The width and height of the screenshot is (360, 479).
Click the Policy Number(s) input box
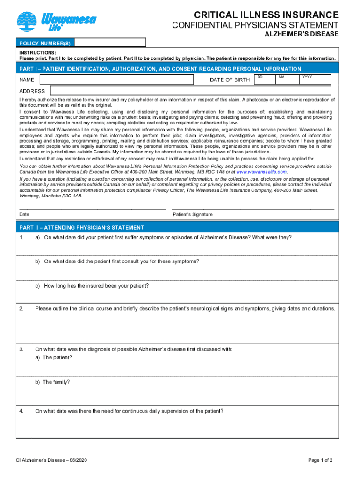coord(110,43)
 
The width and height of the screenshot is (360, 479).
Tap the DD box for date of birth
coord(265,80)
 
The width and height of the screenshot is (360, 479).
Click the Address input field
coord(191,91)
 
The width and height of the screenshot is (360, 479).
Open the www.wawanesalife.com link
coord(261,172)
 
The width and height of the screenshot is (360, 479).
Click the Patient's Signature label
coord(193,214)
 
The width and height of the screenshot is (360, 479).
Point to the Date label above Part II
coord(24,214)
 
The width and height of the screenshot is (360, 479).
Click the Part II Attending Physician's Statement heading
coord(82,228)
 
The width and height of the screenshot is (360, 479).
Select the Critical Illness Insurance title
coord(266,15)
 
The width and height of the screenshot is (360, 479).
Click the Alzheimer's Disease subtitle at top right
coord(302,35)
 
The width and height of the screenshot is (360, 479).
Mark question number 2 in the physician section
coord(22,309)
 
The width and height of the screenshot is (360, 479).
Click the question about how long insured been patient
coord(96,286)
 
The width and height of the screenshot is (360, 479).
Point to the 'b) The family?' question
coord(52,382)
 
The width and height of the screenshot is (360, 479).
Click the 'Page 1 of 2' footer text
coord(320,460)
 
